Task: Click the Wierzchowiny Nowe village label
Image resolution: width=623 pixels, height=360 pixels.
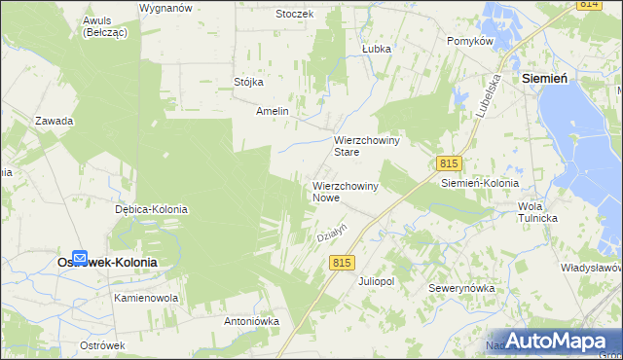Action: [x=346, y=191]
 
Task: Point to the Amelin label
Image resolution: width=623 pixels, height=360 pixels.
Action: [x=273, y=112]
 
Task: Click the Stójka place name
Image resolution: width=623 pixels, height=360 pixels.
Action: [x=249, y=82]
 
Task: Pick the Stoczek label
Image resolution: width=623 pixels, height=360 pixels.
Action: [x=294, y=14]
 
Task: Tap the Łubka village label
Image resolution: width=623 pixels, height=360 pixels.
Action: [x=376, y=48]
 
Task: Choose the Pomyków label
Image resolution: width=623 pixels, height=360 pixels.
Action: [x=471, y=41]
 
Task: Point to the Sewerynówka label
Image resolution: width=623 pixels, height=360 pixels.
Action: [x=462, y=288]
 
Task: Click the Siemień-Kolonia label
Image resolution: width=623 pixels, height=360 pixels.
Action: [x=480, y=182]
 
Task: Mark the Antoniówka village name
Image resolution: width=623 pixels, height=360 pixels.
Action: [x=252, y=320]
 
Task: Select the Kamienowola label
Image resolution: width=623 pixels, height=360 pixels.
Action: [x=146, y=297]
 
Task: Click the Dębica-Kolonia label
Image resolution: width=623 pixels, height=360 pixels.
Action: [x=151, y=209]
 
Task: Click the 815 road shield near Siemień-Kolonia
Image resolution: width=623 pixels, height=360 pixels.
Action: [x=447, y=163]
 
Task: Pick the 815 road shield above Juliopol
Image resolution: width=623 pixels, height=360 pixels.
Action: [x=342, y=263]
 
